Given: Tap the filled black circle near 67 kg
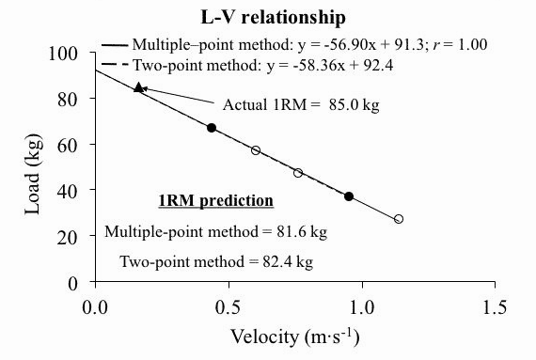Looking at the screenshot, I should tap(212, 128).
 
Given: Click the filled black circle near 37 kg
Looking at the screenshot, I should tap(349, 196).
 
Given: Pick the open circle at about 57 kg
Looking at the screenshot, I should tap(256, 150).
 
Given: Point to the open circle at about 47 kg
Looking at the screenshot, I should tap(298, 173).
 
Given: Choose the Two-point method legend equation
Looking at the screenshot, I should tap(278, 63).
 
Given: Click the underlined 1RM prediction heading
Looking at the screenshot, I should tap(214, 200).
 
